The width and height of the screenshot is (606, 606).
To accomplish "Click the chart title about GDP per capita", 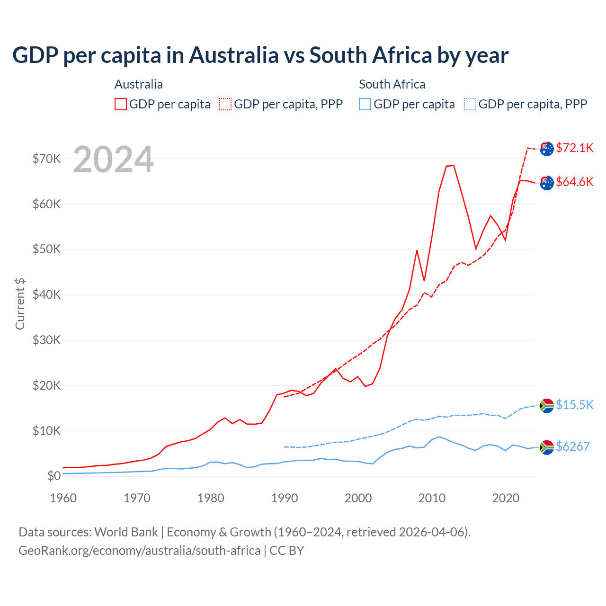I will click(x=260, y=55).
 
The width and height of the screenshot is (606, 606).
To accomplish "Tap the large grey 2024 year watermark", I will click(x=114, y=160).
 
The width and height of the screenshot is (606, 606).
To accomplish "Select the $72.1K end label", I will click(x=574, y=148).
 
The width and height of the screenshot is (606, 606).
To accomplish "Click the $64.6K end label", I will click(x=574, y=182).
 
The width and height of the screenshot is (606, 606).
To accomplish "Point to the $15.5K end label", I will click(x=574, y=405).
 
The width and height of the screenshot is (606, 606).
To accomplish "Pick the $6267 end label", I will click(x=572, y=446).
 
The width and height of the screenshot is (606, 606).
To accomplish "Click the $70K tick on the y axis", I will click(x=47, y=159).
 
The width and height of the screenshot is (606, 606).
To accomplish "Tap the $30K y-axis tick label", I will click(x=47, y=340).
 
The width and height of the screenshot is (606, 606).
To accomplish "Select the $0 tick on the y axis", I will click(x=54, y=476).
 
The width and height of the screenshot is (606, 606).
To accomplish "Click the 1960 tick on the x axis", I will click(x=63, y=498).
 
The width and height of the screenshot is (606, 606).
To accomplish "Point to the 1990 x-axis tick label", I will click(x=285, y=498).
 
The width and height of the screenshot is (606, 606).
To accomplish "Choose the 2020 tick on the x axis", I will click(x=506, y=498).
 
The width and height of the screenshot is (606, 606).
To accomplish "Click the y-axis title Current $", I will click(x=20, y=303).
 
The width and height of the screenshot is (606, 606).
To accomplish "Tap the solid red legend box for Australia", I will click(x=121, y=104).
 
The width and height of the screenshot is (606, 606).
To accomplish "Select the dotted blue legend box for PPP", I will click(x=470, y=104).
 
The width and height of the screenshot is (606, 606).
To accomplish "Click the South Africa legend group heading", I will click(x=392, y=84).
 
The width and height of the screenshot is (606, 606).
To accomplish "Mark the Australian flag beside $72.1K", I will click(x=547, y=149).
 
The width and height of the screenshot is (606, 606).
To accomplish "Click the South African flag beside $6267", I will click(x=547, y=447).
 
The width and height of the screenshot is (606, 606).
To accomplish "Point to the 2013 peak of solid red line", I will click(x=453, y=165).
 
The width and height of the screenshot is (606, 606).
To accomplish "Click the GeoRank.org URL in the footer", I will click(x=140, y=551).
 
